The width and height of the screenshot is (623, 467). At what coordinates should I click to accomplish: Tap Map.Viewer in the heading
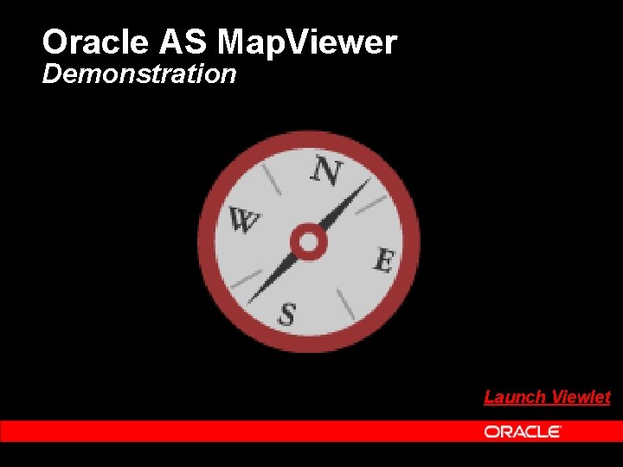click(308, 42)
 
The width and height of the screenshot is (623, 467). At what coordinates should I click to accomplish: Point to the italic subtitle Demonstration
click(138, 74)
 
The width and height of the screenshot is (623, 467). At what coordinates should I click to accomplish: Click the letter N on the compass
click(326, 172)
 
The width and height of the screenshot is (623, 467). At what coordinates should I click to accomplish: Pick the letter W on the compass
click(244, 221)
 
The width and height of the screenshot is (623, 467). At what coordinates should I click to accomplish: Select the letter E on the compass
click(384, 259)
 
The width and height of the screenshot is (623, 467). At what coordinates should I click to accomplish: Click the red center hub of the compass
click(306, 242)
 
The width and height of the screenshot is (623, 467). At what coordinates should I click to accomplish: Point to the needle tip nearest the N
click(367, 182)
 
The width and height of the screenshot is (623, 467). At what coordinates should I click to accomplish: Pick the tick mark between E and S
click(344, 302)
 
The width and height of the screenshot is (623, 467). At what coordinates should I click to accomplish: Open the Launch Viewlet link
click(547, 397)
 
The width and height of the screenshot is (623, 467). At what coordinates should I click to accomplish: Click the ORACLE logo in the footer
click(523, 431)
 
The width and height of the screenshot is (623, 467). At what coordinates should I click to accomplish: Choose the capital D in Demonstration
click(50, 74)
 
